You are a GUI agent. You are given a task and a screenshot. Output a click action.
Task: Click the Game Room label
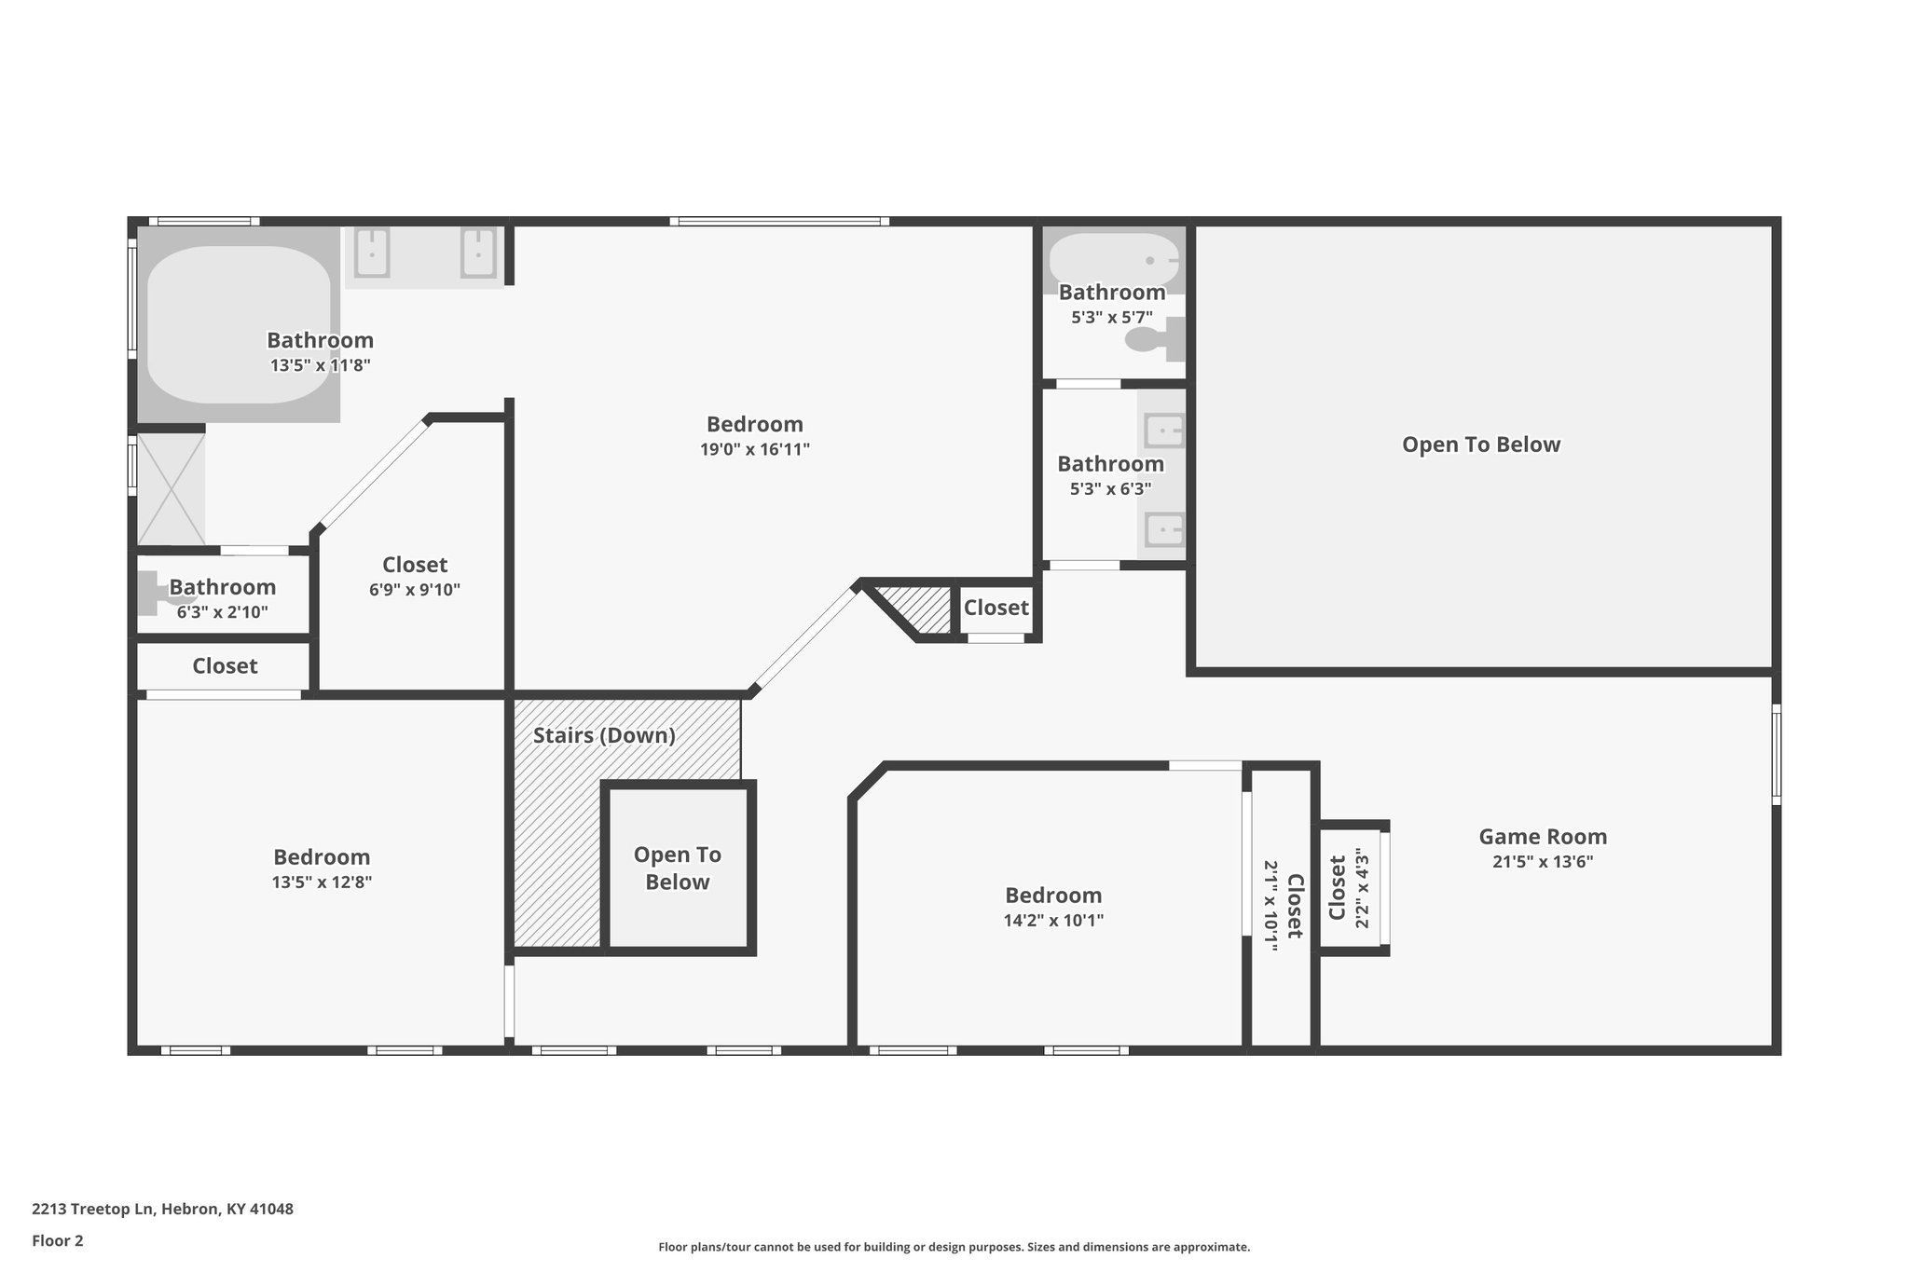(1543, 837)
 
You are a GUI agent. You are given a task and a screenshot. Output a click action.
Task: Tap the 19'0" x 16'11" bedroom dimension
(755, 449)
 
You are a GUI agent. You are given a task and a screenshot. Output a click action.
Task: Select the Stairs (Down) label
(604, 735)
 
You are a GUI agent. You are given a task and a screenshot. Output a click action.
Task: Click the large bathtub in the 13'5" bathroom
(239, 324)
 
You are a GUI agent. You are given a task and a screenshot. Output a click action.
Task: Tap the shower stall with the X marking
(172, 489)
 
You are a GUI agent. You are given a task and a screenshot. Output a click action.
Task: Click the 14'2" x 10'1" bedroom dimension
(1053, 921)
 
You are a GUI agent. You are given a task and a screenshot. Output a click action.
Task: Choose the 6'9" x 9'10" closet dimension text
(415, 589)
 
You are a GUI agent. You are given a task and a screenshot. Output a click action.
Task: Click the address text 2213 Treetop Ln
(92, 1209)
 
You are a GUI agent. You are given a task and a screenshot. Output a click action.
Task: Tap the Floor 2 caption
(58, 1240)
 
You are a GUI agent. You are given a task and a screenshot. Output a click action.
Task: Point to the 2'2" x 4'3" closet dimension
(1363, 888)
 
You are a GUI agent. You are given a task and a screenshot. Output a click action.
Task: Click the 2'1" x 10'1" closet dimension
(1270, 906)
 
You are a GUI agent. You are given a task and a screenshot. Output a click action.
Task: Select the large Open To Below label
(1481, 445)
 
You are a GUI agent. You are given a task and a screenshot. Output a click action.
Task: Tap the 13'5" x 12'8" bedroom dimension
(322, 882)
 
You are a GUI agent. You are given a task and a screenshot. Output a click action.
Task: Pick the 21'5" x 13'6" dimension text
(1543, 862)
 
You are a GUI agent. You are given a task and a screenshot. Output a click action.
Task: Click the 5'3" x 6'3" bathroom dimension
(1111, 488)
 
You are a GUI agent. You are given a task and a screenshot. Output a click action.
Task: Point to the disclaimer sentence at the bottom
(954, 1247)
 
